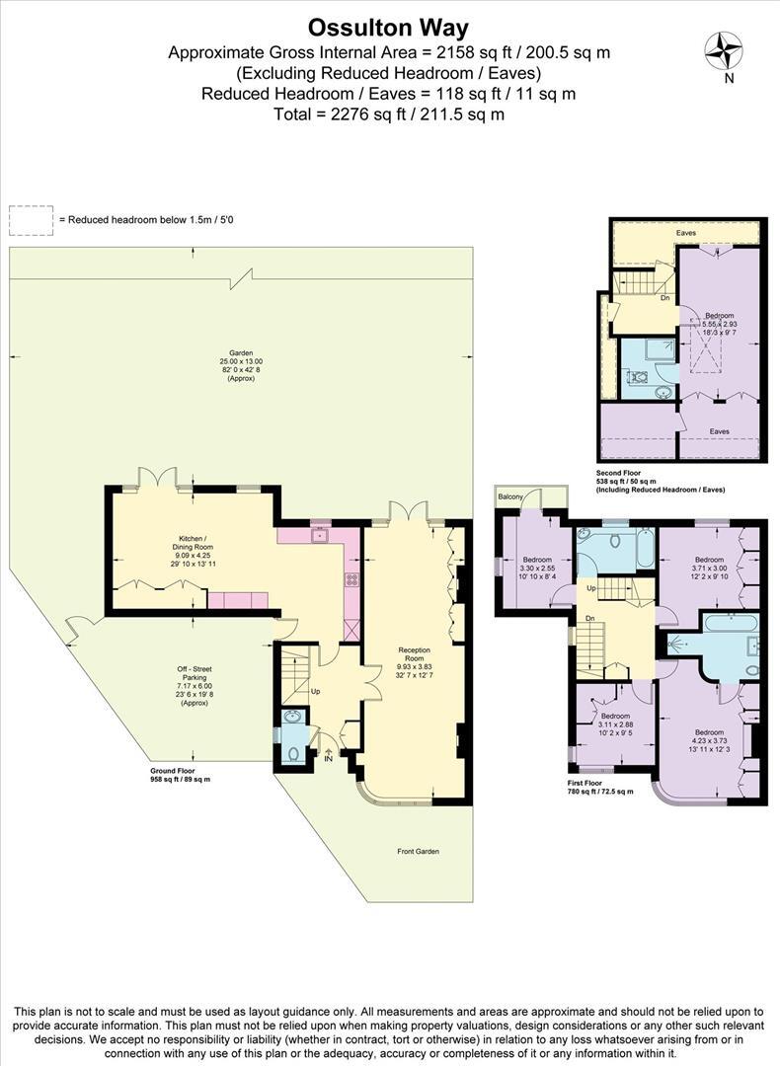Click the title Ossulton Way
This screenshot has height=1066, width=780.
pos(389,27)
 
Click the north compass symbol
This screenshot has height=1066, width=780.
pos(724,50)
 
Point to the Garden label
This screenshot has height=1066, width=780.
pos(242,352)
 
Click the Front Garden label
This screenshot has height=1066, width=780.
pos(420,851)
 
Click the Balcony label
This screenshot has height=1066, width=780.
pos(510,496)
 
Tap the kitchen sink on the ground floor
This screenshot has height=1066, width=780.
pos(319,536)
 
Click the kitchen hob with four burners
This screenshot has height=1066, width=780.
pos(351,579)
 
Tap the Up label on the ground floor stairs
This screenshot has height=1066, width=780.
pos(316,690)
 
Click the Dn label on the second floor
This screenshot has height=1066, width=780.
pos(665,297)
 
